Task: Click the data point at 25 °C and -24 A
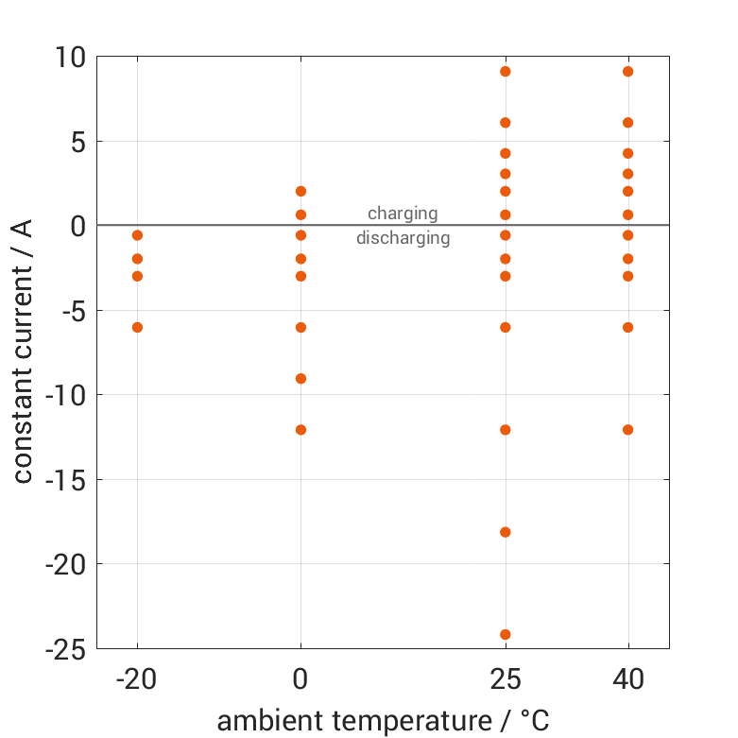[506, 634]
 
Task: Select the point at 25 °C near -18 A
[506, 532]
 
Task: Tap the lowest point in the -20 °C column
[137, 327]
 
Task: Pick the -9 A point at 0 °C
[300, 378]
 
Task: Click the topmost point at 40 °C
[628, 71]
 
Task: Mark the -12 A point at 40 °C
[628, 429]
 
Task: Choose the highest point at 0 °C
[300, 191]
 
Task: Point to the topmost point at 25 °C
[506, 71]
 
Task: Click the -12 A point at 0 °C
[300, 429]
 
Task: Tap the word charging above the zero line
[403, 213]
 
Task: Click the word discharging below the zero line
[403, 238]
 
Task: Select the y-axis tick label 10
[68, 58]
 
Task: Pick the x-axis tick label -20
[137, 679]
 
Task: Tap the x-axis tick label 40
[628, 679]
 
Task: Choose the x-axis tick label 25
[506, 679]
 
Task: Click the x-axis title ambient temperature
[383, 720]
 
